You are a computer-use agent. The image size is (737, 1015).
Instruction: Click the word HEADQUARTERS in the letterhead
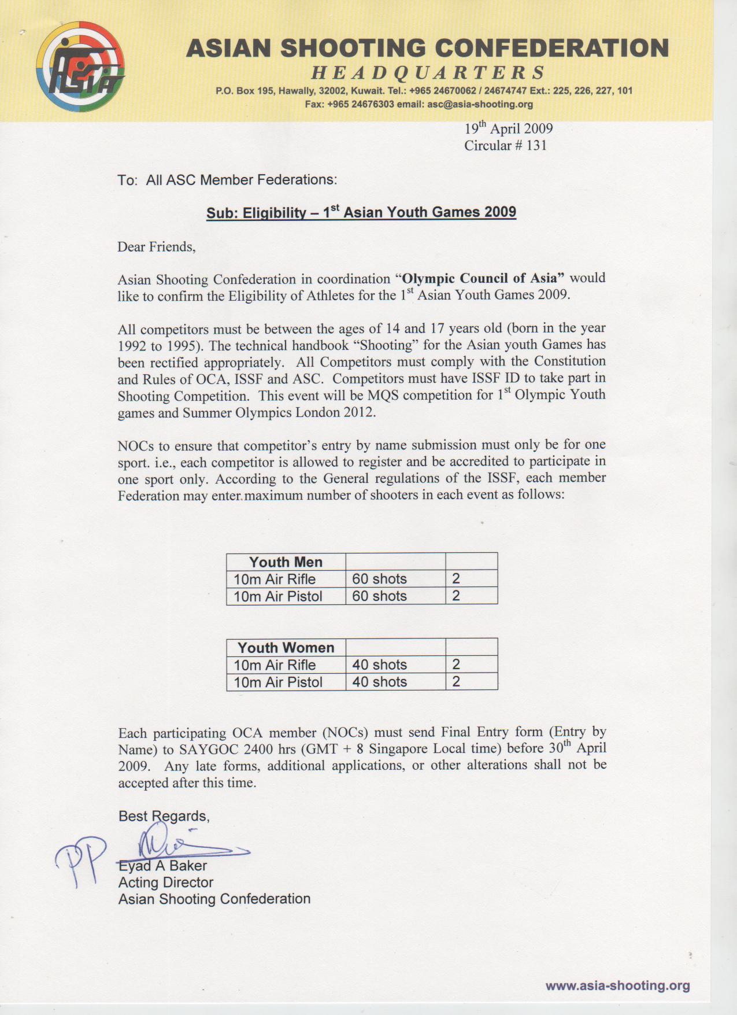[x=428, y=73]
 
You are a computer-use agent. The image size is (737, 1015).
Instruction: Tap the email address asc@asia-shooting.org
[x=480, y=105]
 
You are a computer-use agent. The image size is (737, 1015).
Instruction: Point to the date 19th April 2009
[x=509, y=128]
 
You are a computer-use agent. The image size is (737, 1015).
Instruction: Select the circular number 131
[x=536, y=145]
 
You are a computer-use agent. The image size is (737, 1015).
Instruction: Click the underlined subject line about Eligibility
[x=361, y=212]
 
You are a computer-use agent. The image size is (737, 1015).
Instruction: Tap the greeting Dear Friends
[x=156, y=247]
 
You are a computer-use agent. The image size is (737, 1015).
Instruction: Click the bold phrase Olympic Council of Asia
[x=483, y=278]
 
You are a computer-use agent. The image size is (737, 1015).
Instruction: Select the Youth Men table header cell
[x=286, y=562]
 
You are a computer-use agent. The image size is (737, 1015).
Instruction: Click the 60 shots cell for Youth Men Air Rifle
[x=380, y=579]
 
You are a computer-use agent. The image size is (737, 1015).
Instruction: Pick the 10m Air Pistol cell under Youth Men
[x=278, y=596]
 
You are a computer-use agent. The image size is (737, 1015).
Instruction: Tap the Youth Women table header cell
[x=286, y=647]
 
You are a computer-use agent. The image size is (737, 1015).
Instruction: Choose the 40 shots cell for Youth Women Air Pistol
[x=380, y=682]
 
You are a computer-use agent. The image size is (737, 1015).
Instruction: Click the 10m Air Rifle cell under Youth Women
[x=275, y=665]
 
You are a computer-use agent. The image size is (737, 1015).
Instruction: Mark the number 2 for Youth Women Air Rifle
[x=456, y=665]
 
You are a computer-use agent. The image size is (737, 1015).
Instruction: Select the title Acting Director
[x=166, y=883]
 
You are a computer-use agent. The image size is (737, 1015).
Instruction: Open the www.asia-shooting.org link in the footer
[x=617, y=986]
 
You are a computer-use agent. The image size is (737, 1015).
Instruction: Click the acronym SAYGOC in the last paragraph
[x=209, y=750]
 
